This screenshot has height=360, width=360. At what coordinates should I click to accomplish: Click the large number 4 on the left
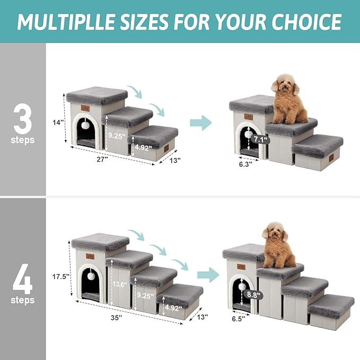(23, 278)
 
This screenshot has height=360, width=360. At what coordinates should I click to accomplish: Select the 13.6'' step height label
(120, 284)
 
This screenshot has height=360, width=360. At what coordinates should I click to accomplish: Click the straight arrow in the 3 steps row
(200, 123)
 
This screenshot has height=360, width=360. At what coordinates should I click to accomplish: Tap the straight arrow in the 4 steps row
(208, 275)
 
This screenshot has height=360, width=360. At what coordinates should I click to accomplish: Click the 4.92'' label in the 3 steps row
(143, 148)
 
